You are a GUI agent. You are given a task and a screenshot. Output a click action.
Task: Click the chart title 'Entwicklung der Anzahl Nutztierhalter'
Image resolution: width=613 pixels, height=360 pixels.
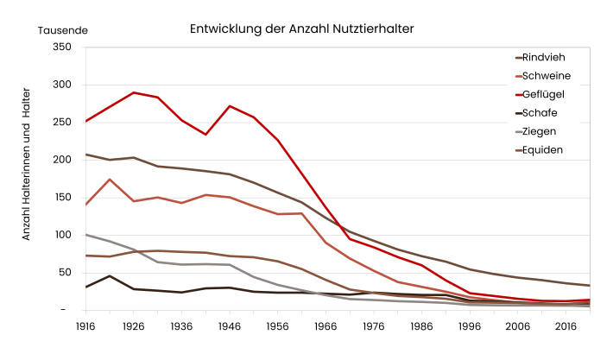coord(301,28)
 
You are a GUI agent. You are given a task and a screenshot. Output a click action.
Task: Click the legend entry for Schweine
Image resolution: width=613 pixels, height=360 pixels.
coord(553,76)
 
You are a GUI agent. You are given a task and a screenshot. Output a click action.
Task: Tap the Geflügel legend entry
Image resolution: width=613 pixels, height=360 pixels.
coord(551,95)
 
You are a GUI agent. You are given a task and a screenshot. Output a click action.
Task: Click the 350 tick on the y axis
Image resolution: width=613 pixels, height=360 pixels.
coord(61,47)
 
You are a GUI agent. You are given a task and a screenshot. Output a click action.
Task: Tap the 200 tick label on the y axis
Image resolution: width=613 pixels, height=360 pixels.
coord(61,160)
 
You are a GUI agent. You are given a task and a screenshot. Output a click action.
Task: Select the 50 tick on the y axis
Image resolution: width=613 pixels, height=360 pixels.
coord(64,272)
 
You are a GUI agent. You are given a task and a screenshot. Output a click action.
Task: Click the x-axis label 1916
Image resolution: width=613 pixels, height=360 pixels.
coord(85,327)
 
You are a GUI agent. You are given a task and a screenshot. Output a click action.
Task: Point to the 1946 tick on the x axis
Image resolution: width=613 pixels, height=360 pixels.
coord(229,327)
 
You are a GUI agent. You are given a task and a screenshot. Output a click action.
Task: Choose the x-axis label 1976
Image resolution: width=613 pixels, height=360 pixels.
coord(373,327)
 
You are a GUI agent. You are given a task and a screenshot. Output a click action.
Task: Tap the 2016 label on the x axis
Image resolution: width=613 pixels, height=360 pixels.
coord(566,327)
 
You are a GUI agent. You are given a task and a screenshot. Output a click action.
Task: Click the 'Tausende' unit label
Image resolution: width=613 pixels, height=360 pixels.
coord(62,29)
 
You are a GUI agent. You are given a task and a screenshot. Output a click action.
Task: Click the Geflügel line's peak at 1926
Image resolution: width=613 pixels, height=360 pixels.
coord(133,92)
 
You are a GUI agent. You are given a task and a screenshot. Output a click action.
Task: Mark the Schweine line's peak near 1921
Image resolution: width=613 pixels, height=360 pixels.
coord(109,180)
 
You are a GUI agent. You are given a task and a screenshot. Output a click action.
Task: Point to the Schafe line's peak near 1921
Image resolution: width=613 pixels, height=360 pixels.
coord(109,275)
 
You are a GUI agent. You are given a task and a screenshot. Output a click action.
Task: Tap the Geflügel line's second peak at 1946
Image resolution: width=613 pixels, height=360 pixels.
coord(229,106)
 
